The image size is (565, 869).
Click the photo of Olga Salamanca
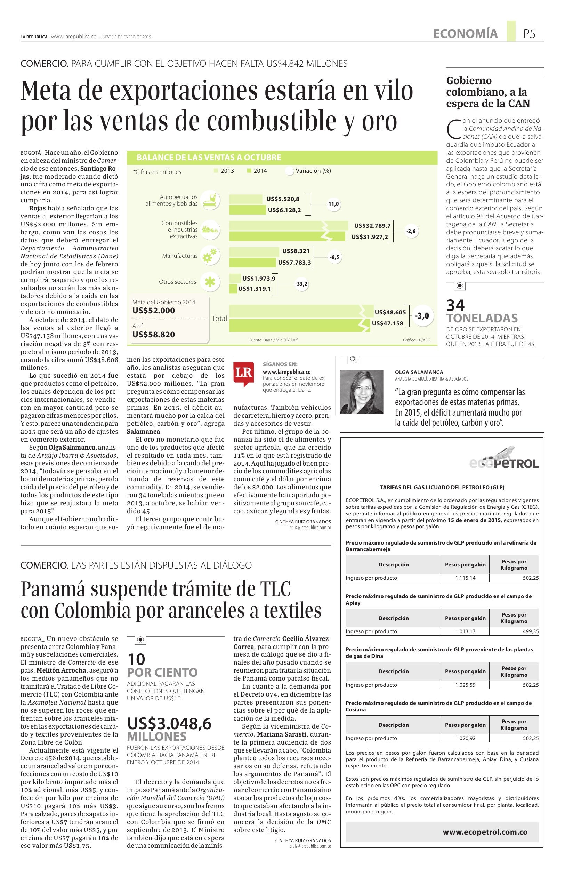click(x=361, y=392)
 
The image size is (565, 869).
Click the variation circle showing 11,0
click(x=333, y=204)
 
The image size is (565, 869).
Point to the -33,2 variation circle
click(x=301, y=284)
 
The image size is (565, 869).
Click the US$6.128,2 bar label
click(x=284, y=210)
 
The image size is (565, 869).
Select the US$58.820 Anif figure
click(x=154, y=334)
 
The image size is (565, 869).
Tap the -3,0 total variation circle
click(x=422, y=316)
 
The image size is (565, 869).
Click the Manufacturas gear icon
click(x=211, y=256)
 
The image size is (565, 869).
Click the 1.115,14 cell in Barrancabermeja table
click(x=465, y=578)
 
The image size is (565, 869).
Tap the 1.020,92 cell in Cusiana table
click(x=465, y=738)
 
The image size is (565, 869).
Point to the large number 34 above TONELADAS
click(x=455, y=305)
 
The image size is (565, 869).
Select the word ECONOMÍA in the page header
click(x=465, y=34)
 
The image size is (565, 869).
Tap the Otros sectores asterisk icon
click(x=211, y=282)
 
